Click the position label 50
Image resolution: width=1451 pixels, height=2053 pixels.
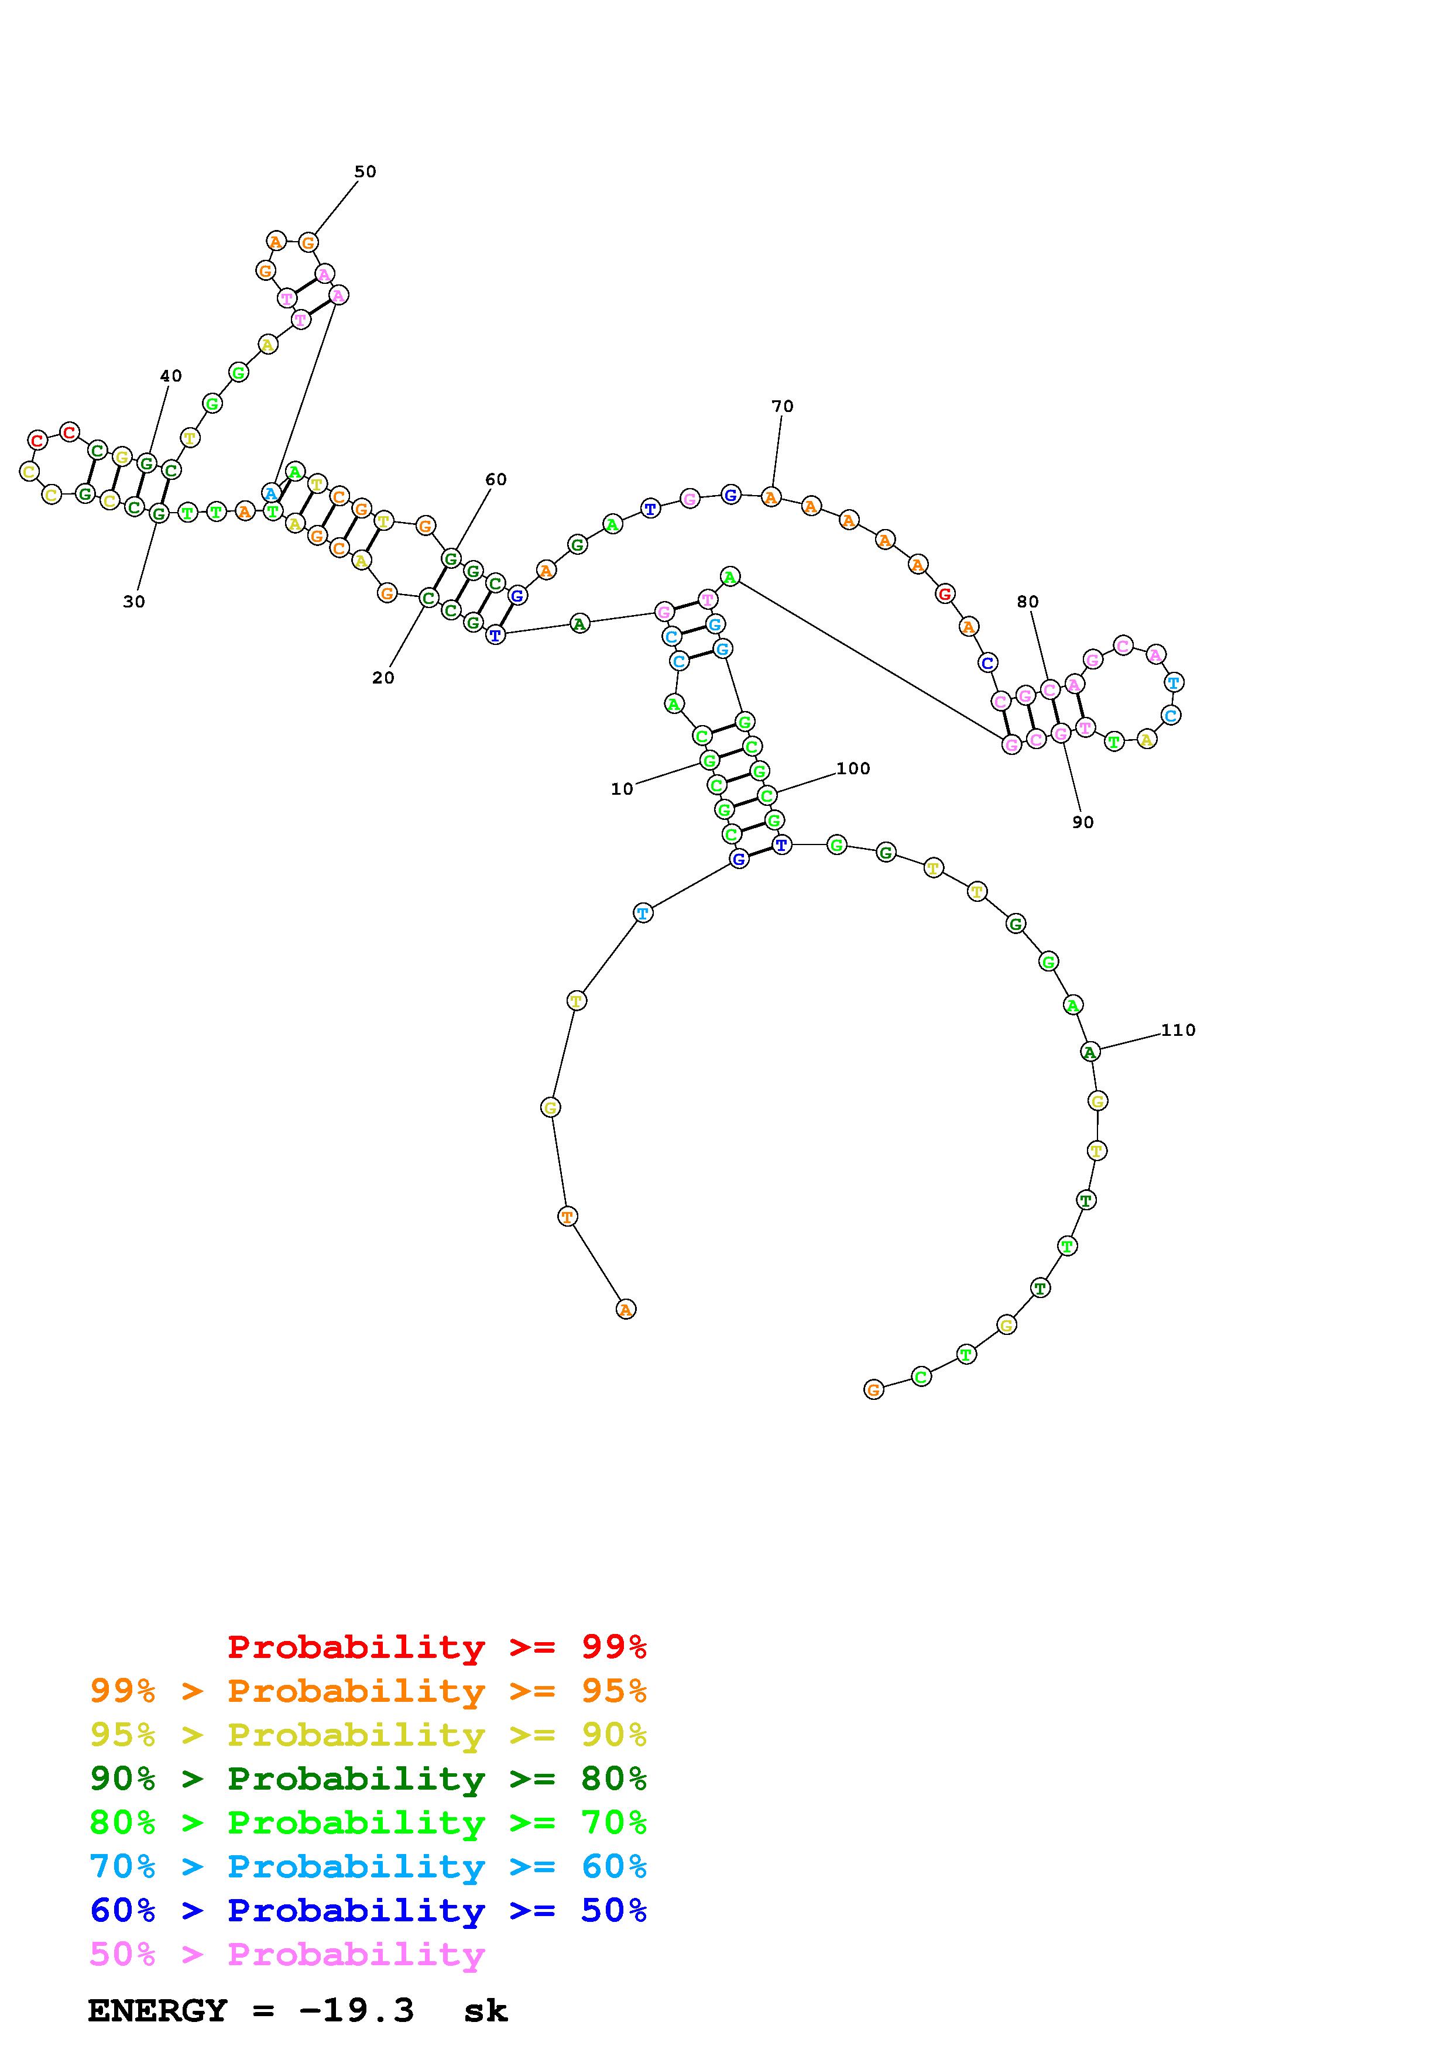pos(366,171)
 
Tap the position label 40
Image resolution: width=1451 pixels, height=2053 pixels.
pos(171,376)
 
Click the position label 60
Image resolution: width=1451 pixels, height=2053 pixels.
pos(496,480)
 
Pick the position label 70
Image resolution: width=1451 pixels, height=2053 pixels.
pos(782,407)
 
